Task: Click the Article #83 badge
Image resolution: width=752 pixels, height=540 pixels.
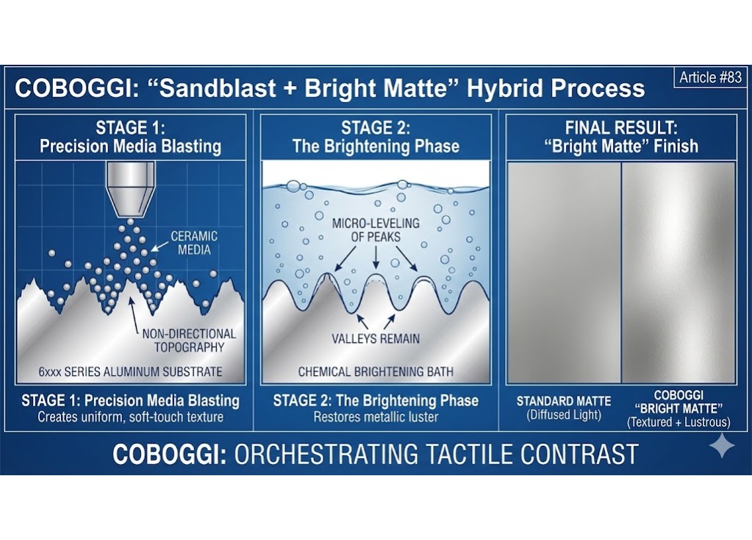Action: tap(710, 77)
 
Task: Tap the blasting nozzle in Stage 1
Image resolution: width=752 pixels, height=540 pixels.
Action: tap(131, 187)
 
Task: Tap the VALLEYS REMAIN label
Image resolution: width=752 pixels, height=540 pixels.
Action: tap(375, 338)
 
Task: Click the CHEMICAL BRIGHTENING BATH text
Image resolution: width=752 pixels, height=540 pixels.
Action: tap(375, 372)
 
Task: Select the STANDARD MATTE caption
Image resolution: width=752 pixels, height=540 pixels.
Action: tap(564, 401)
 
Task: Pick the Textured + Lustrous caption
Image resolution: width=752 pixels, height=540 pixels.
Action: tap(678, 422)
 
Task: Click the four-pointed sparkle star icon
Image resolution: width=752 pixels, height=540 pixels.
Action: tap(721, 447)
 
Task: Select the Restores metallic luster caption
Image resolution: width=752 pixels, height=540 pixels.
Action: tap(376, 416)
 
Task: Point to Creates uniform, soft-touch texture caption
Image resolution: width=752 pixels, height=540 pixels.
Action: tap(130, 416)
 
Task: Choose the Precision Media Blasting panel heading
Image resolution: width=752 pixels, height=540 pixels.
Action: tap(130, 146)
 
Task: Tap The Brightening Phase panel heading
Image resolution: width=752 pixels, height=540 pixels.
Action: tap(376, 146)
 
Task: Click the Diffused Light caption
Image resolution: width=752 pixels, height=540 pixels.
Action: tap(564, 415)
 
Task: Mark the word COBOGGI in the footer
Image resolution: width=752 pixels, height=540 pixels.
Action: tap(169, 454)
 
